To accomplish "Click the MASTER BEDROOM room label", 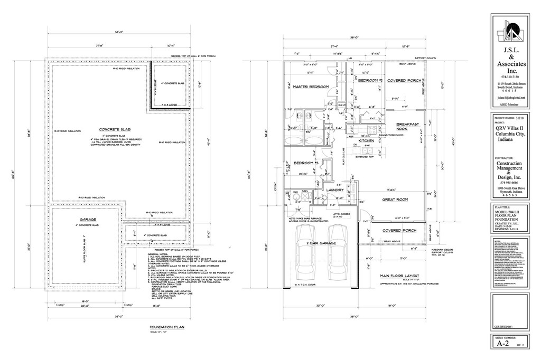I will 311,87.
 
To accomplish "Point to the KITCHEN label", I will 366,141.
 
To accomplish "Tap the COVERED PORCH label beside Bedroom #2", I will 404,81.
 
